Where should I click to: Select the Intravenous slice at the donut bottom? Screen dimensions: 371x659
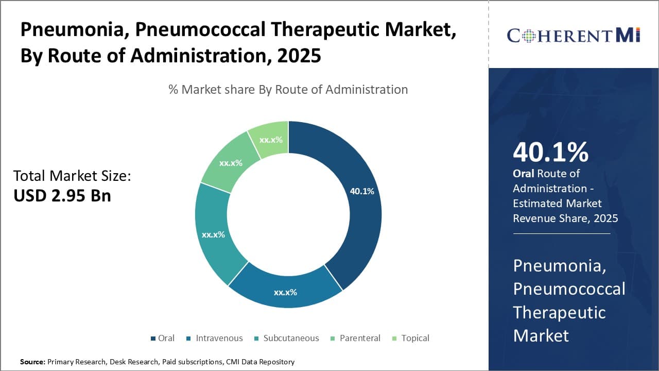point(285,292)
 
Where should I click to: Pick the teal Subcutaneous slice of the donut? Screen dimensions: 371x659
point(213,234)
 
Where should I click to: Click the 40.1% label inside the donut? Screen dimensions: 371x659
point(362,191)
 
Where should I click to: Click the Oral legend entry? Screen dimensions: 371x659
point(162,338)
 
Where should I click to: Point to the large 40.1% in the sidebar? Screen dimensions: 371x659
point(550,153)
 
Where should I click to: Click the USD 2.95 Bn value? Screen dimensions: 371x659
point(62,196)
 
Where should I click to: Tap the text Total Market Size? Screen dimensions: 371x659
point(72,176)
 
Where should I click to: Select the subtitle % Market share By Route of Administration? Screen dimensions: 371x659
point(288,90)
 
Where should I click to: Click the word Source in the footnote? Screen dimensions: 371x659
point(32,362)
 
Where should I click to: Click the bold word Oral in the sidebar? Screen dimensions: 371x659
point(524,174)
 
